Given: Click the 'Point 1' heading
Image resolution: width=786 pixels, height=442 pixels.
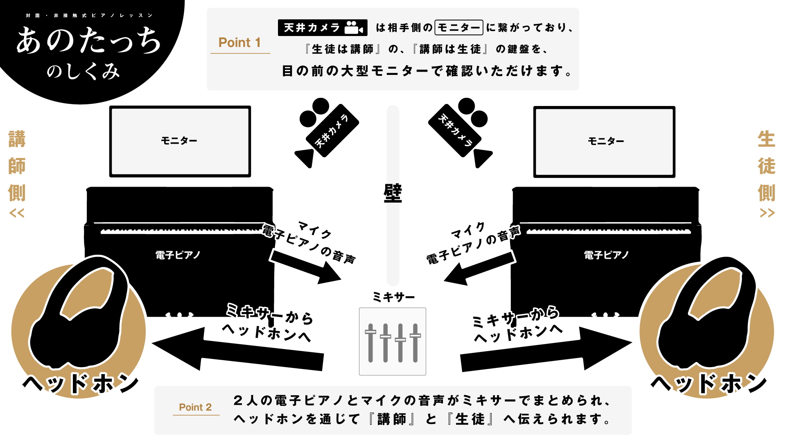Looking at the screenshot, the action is click(x=239, y=43).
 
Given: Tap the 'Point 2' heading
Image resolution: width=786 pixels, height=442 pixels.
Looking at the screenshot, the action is click(x=195, y=407).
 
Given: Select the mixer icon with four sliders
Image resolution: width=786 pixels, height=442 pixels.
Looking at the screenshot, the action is click(x=393, y=341).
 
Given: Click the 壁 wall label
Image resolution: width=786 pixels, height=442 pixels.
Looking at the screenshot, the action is click(x=393, y=193).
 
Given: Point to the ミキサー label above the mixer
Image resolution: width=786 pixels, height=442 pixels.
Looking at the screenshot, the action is click(x=393, y=297).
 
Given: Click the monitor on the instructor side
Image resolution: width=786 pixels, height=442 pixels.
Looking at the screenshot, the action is click(x=180, y=141).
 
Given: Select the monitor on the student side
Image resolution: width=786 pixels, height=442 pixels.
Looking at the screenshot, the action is click(x=604, y=142).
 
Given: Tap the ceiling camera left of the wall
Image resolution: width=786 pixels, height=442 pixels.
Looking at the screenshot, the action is click(x=325, y=131).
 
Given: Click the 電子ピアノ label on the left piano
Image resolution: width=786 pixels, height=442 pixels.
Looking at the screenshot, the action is click(x=178, y=255).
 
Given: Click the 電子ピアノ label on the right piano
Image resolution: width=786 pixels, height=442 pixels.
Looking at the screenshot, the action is click(x=606, y=255).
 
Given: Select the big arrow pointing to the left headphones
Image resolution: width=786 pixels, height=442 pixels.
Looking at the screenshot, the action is click(x=237, y=350).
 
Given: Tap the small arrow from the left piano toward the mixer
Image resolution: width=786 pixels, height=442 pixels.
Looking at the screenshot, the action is click(x=305, y=266).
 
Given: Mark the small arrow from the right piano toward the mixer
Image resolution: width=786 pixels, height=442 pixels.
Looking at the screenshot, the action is click(x=479, y=268).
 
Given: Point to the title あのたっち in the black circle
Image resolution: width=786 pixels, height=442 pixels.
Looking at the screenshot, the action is click(x=88, y=41).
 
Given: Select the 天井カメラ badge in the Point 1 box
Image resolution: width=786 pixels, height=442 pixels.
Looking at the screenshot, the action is click(x=322, y=28).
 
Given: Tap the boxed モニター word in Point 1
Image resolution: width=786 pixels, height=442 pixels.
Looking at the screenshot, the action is click(x=459, y=28).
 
